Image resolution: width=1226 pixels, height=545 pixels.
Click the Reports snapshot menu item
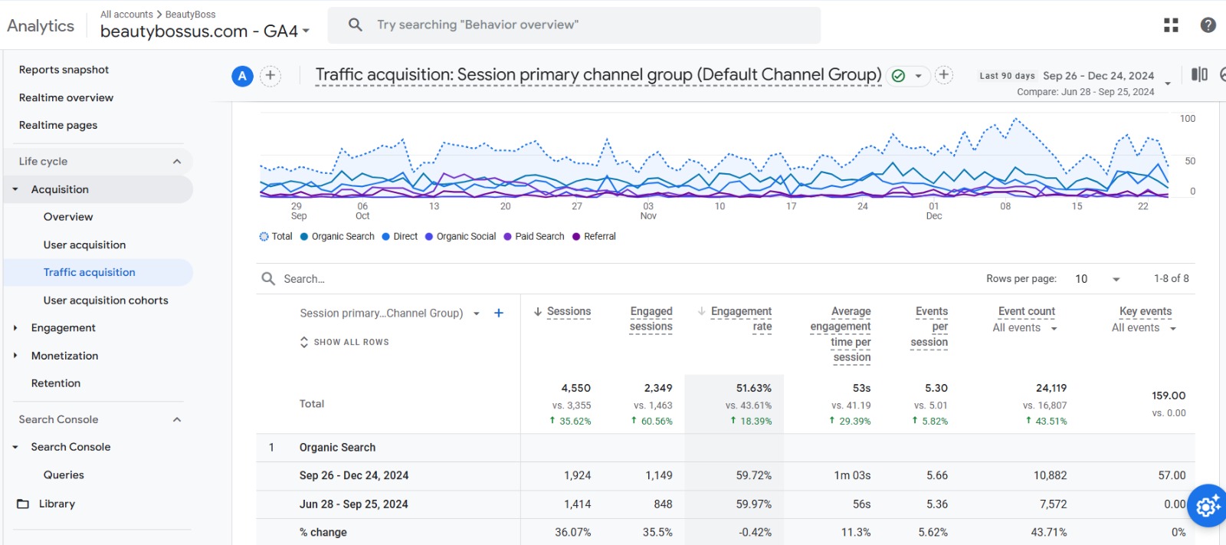click(x=64, y=70)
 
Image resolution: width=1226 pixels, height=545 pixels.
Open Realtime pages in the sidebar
click(x=58, y=125)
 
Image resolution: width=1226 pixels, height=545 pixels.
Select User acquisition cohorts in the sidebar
click(x=106, y=300)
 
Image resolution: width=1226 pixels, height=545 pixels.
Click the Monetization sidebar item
click(x=64, y=356)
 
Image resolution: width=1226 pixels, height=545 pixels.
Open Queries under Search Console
click(x=64, y=475)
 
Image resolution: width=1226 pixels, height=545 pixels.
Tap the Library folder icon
click(x=23, y=504)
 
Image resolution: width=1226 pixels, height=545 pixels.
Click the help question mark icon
click(x=1208, y=25)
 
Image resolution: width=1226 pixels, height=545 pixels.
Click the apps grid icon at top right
click(x=1171, y=25)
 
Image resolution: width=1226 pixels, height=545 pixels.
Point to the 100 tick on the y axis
click(x=1187, y=119)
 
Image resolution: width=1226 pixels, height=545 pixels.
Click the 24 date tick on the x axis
click(x=862, y=206)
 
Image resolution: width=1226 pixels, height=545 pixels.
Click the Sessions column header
click(x=569, y=311)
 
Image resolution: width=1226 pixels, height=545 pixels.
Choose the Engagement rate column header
click(x=741, y=319)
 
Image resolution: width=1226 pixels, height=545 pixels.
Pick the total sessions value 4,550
click(x=575, y=389)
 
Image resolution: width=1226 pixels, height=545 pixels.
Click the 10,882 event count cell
click(x=1050, y=475)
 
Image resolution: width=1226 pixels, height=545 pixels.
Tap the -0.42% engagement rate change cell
click(x=755, y=532)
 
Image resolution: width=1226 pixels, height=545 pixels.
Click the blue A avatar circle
click(x=242, y=76)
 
